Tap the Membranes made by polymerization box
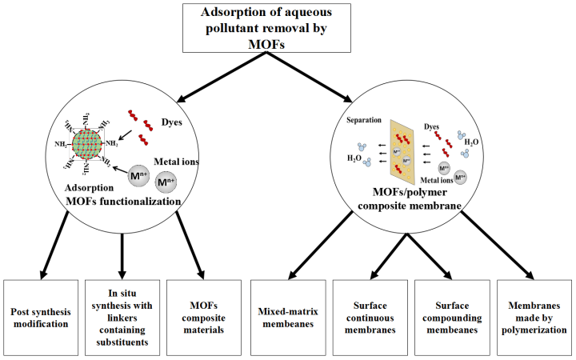(535, 316)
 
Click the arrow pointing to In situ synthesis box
(122, 251)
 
